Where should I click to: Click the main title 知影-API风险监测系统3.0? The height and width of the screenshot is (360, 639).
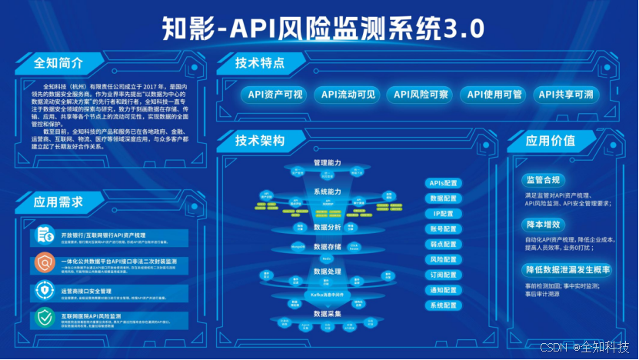pos(323,28)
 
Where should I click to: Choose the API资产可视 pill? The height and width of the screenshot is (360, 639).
pos(275,95)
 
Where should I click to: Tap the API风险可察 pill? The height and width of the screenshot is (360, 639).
pos(421,95)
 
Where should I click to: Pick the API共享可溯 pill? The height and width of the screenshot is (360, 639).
pos(565,95)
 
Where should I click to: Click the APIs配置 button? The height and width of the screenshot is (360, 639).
pos(444,183)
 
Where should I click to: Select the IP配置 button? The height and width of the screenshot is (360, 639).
pos(444,213)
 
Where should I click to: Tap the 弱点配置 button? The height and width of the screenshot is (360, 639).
pos(444,244)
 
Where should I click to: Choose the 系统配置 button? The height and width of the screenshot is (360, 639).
pos(444,305)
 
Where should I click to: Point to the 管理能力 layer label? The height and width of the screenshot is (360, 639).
pos(327,163)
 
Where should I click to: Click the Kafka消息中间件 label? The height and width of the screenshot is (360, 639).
pos(327,295)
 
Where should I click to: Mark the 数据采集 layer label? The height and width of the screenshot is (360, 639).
pos(327,314)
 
